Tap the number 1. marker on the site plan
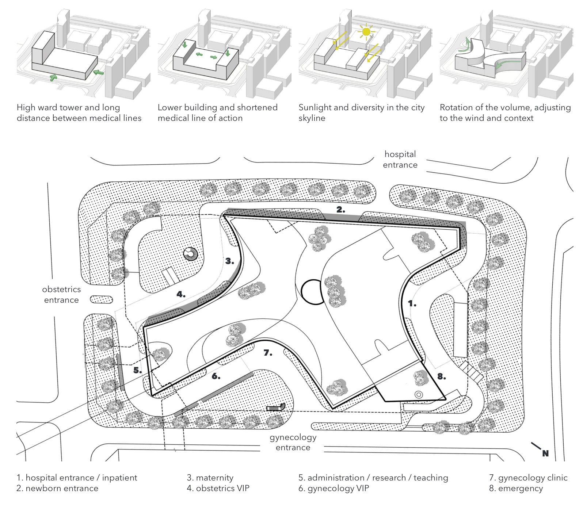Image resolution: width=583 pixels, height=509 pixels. click(x=412, y=303)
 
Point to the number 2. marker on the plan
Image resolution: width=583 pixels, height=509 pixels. click(x=340, y=210)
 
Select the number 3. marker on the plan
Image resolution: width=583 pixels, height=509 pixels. click(x=229, y=261)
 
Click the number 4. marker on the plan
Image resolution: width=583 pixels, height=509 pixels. click(x=181, y=294)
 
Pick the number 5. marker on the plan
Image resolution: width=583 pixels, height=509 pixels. click(x=137, y=370)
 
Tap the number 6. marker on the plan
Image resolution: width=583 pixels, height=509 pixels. click(x=216, y=376)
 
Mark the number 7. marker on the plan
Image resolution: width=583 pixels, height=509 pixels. click(x=268, y=353)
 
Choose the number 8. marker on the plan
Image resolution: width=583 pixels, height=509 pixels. click(x=442, y=376)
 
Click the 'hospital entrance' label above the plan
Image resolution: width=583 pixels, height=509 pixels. click(x=400, y=160)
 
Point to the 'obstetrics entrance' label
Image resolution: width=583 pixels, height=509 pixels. click(x=61, y=295)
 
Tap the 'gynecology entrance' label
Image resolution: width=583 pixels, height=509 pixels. click(x=293, y=442)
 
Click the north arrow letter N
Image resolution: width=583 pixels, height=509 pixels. click(x=545, y=453)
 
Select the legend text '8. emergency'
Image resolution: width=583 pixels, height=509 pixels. click(x=516, y=489)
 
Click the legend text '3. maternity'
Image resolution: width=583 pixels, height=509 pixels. click(x=210, y=478)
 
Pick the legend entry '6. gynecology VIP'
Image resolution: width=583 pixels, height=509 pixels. click(x=334, y=489)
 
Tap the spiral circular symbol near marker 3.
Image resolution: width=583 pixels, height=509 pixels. click(x=190, y=254)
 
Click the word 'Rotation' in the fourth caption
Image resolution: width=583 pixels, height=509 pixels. click(x=456, y=107)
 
